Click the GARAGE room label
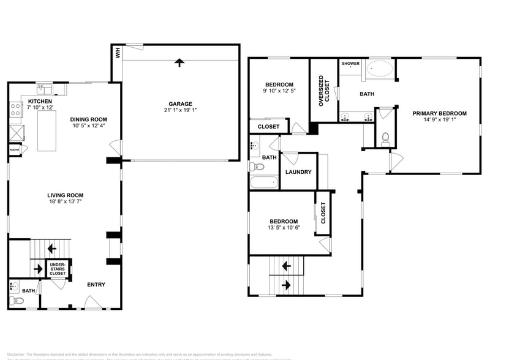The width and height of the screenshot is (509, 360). pos(181,103)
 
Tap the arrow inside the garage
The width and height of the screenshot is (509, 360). pos(179,62)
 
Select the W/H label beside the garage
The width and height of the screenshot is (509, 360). pos(118,54)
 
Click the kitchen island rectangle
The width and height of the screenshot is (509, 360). pos(47,130)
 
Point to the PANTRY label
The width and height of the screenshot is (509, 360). pos(15,149)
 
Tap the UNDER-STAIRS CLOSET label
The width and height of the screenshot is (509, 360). pos(58,269)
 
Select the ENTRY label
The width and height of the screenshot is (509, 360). pos(96,284)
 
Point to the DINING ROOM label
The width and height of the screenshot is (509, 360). pos(89,119)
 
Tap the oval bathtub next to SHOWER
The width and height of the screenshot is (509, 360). pos(380,69)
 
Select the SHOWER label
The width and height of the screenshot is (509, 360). pos(350,63)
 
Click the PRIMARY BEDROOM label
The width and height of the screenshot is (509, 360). pos(439,113)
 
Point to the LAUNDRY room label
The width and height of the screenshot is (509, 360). pos(298,172)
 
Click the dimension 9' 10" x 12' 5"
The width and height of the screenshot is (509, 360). pos(279,92)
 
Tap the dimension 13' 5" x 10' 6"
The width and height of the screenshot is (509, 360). pos(282,228)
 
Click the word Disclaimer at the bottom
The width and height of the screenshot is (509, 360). pos(17,354)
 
